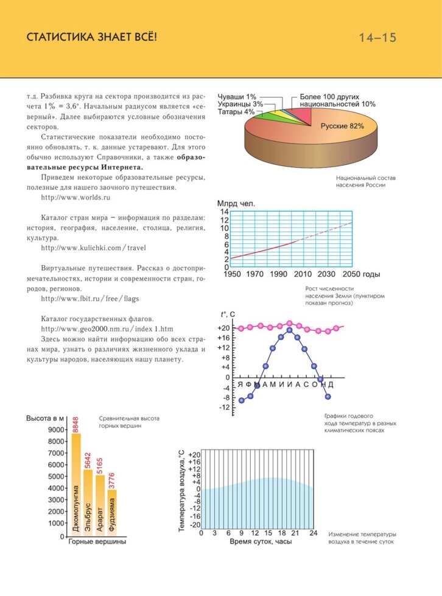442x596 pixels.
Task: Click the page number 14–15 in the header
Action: point(377,38)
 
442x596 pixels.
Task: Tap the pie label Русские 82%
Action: point(342,126)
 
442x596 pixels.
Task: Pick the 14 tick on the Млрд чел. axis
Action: point(224,212)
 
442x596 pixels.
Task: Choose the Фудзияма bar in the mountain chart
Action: point(112,511)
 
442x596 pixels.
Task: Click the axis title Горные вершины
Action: point(97,542)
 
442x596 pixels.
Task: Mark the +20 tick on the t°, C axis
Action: point(223,328)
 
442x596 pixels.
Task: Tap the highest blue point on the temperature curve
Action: point(290,330)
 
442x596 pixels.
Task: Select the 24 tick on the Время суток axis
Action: point(314,533)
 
